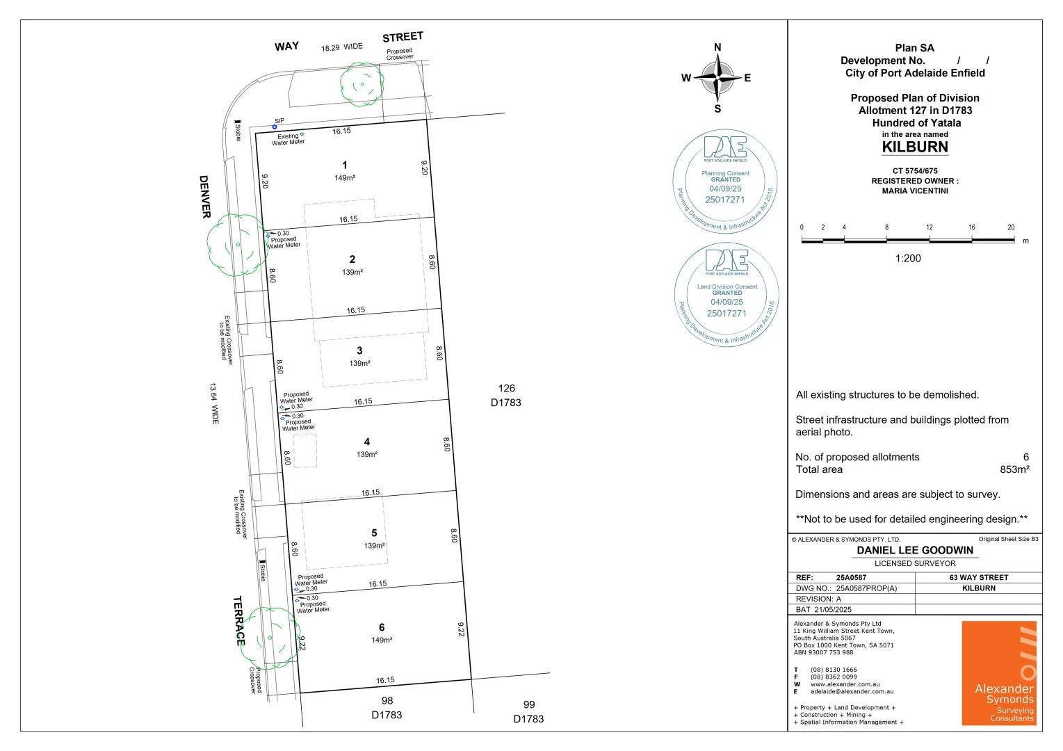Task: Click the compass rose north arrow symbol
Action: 717,78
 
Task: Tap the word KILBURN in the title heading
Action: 915,147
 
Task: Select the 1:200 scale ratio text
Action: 908,259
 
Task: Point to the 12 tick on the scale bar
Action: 930,227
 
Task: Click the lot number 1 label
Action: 345,165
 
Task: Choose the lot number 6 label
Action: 382,627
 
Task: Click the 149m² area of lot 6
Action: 382,640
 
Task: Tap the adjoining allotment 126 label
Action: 506,389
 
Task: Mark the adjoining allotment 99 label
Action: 529,705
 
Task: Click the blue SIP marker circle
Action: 275,127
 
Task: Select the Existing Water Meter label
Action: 288,139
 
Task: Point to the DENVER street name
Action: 205,197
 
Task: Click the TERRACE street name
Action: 238,620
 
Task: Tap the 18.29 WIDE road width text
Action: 341,47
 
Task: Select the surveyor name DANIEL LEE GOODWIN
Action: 915,550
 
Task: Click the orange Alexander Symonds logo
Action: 999,673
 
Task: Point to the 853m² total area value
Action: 1014,470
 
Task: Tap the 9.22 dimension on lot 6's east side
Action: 461,629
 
